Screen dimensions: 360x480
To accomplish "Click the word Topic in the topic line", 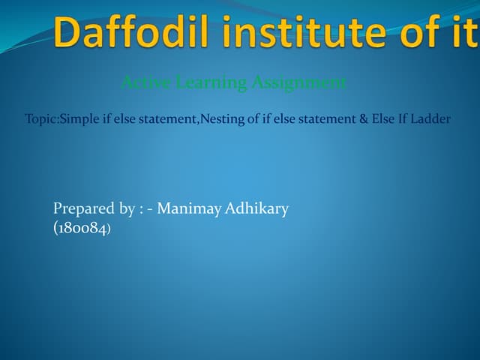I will [40, 119].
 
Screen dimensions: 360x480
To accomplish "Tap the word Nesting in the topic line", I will [218, 119].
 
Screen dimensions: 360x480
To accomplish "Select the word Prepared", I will [83, 209].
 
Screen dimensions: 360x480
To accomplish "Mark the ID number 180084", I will [82, 228].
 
